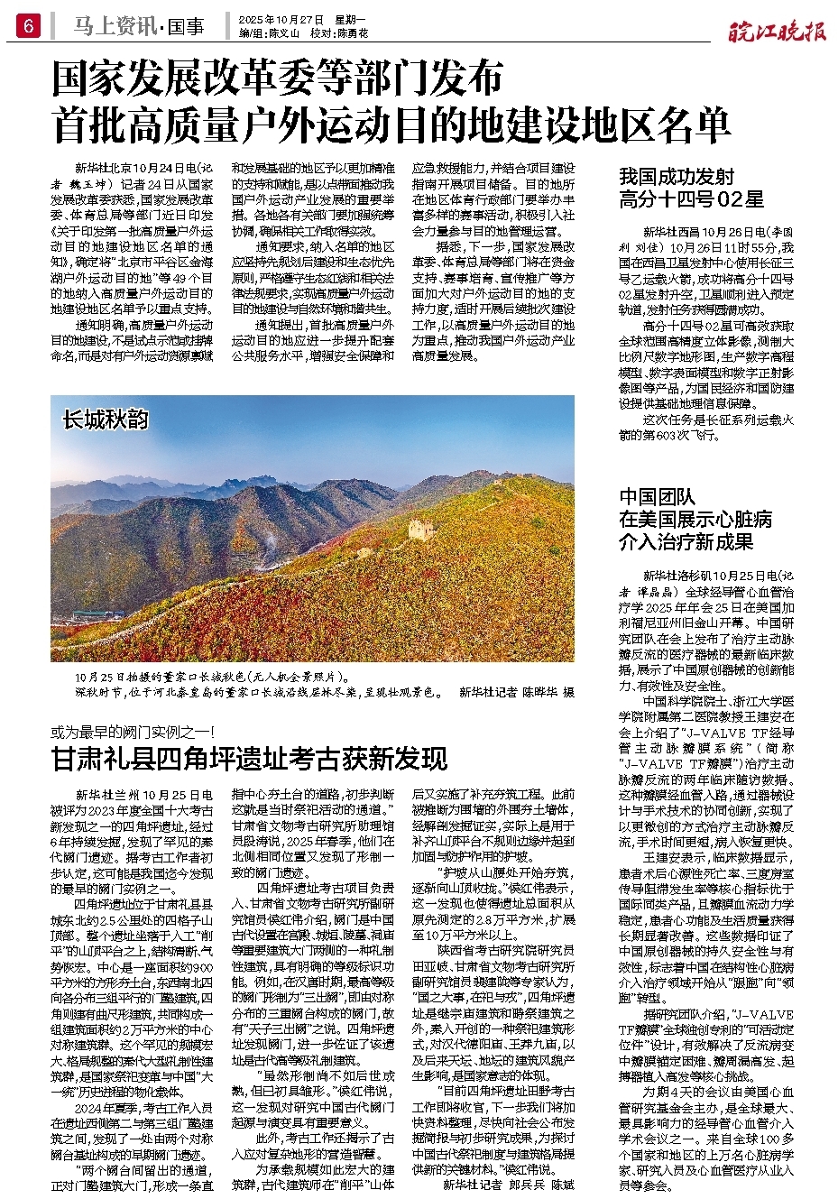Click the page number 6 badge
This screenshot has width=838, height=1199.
tap(27, 26)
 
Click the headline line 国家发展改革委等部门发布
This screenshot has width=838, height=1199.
tap(278, 79)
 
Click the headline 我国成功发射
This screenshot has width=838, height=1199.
tap(677, 177)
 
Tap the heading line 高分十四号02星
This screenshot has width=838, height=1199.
tap(691, 199)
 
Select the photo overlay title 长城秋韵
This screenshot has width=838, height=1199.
tap(106, 420)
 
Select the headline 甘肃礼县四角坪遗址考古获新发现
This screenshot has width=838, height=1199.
tap(249, 759)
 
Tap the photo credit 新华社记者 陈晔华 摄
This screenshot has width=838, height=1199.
tap(516, 692)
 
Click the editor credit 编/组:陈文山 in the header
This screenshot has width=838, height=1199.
tap(271, 32)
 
